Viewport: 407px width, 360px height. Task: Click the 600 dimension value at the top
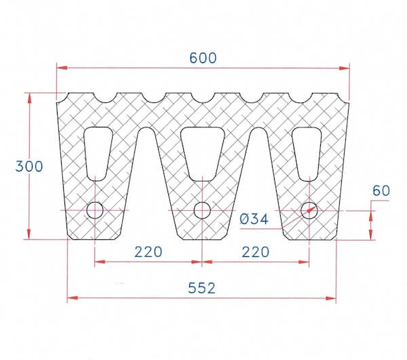click(x=203, y=58)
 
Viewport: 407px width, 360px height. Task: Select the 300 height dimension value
click(x=30, y=166)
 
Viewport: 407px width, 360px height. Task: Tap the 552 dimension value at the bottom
click(x=201, y=288)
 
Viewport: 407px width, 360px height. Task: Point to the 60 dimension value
click(x=381, y=191)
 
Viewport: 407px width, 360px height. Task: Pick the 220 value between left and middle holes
click(x=148, y=252)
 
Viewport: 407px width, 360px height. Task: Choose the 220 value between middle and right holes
click(x=255, y=252)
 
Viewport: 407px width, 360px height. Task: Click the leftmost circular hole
click(x=95, y=210)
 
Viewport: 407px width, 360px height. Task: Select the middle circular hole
click(x=202, y=210)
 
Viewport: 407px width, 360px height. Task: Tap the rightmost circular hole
click(x=309, y=210)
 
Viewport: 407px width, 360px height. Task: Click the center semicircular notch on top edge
click(x=202, y=98)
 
